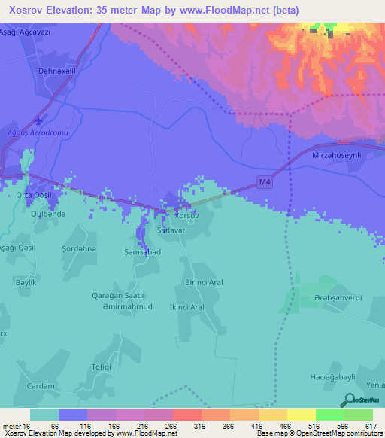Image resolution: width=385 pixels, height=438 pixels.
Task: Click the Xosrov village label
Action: (x=186, y=215)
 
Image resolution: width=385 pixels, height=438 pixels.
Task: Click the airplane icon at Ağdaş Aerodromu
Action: (x=39, y=120)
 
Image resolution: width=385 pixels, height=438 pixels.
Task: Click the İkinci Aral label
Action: (x=187, y=308)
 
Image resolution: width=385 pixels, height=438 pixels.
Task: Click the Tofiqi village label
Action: (x=102, y=368)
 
